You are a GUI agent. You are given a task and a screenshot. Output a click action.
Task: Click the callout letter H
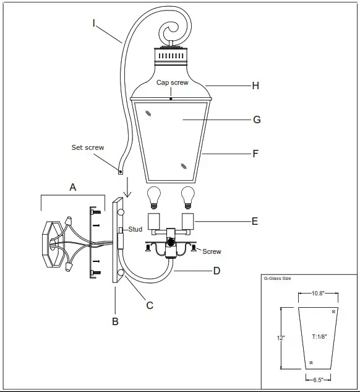point(255,86)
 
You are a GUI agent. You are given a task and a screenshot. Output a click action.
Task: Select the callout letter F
point(255,153)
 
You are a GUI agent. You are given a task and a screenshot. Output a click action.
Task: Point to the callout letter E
point(255,221)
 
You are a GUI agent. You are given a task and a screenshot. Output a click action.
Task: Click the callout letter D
point(251,270)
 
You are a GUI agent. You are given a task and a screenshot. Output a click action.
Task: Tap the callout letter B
point(115,321)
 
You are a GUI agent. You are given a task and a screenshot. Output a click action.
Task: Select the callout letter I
point(94,23)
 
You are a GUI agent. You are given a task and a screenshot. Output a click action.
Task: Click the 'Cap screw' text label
point(172,82)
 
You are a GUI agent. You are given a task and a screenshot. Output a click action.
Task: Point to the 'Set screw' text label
point(88,148)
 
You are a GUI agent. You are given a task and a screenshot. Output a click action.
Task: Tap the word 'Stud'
point(135,229)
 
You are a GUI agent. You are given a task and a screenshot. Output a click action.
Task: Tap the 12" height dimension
point(281,338)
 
